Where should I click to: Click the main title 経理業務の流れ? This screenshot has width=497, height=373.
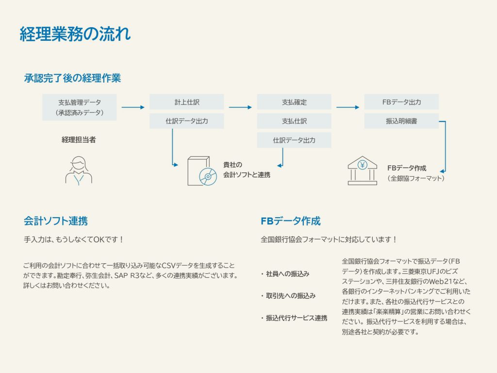(75, 34)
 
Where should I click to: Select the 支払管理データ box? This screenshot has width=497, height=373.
(80, 107)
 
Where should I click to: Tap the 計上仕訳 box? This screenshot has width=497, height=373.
(187, 102)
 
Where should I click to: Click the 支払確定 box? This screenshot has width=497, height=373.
(294, 102)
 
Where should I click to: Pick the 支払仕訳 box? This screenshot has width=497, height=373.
(294, 121)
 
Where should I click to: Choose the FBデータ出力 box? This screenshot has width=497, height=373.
(401, 102)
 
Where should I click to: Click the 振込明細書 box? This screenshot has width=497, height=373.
(401, 121)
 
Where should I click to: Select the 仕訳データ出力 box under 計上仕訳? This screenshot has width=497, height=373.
(187, 121)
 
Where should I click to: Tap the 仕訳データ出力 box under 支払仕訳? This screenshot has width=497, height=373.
(294, 140)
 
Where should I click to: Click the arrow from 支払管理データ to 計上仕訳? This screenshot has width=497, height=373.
(133, 107)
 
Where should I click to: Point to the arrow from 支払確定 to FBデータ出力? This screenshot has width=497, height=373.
(348, 107)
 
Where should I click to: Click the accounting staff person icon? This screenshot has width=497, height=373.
(79, 170)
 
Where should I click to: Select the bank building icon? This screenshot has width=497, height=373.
(362, 170)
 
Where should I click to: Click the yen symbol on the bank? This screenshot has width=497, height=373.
(362, 165)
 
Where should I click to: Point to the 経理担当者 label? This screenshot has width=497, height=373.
(79, 139)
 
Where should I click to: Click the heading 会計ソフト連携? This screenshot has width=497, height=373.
(56, 221)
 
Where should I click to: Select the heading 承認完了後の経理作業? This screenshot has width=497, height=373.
(73, 78)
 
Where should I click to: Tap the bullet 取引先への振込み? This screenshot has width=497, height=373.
(288, 296)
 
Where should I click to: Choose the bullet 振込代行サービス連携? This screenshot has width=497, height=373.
(294, 318)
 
